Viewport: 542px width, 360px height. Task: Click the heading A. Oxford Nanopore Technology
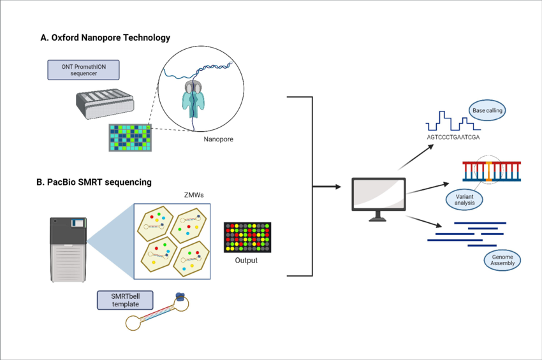click(x=105, y=38)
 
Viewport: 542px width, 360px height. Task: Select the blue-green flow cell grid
click(x=131, y=136)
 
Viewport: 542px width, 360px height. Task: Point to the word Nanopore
click(x=219, y=138)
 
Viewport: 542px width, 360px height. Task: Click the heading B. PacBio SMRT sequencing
click(x=94, y=182)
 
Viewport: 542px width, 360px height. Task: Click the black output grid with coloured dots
click(x=247, y=237)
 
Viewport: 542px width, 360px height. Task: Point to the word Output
click(x=247, y=260)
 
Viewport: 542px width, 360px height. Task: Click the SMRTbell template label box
click(x=125, y=299)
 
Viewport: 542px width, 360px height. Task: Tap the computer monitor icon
click(x=379, y=196)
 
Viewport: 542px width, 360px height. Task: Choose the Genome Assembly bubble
click(x=502, y=260)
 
